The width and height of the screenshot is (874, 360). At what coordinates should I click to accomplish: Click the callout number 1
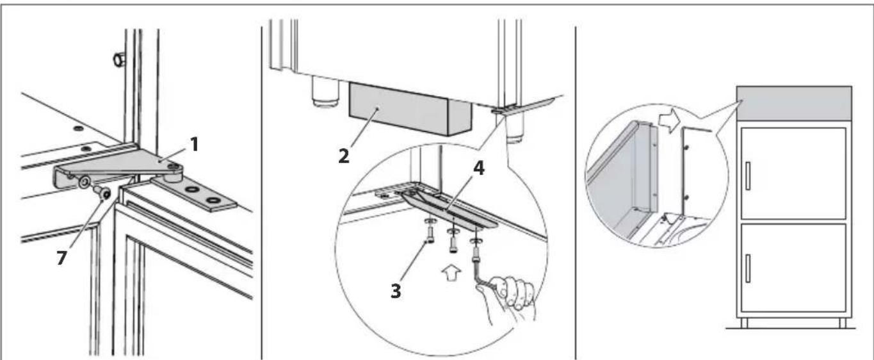click(194, 145)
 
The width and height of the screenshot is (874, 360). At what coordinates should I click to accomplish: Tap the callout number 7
click(61, 258)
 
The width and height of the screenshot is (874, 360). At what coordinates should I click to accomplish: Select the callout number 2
click(344, 156)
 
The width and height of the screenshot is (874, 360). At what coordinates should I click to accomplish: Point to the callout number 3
click(396, 291)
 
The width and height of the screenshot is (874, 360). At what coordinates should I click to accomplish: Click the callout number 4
click(479, 168)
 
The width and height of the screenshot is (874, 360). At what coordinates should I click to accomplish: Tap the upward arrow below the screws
click(452, 274)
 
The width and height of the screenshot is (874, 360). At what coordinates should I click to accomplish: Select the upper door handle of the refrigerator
click(748, 176)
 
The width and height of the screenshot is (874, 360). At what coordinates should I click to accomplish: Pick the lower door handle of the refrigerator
click(748, 268)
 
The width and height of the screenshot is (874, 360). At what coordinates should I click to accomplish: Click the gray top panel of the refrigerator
click(794, 104)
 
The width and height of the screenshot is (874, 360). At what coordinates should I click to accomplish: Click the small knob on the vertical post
click(118, 60)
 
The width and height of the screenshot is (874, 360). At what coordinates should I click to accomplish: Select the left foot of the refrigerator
click(744, 322)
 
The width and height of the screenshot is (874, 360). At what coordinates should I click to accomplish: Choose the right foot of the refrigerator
click(843, 322)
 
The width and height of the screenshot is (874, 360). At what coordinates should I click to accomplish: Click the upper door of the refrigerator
click(793, 174)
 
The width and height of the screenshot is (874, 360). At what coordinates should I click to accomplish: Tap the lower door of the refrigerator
click(793, 268)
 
